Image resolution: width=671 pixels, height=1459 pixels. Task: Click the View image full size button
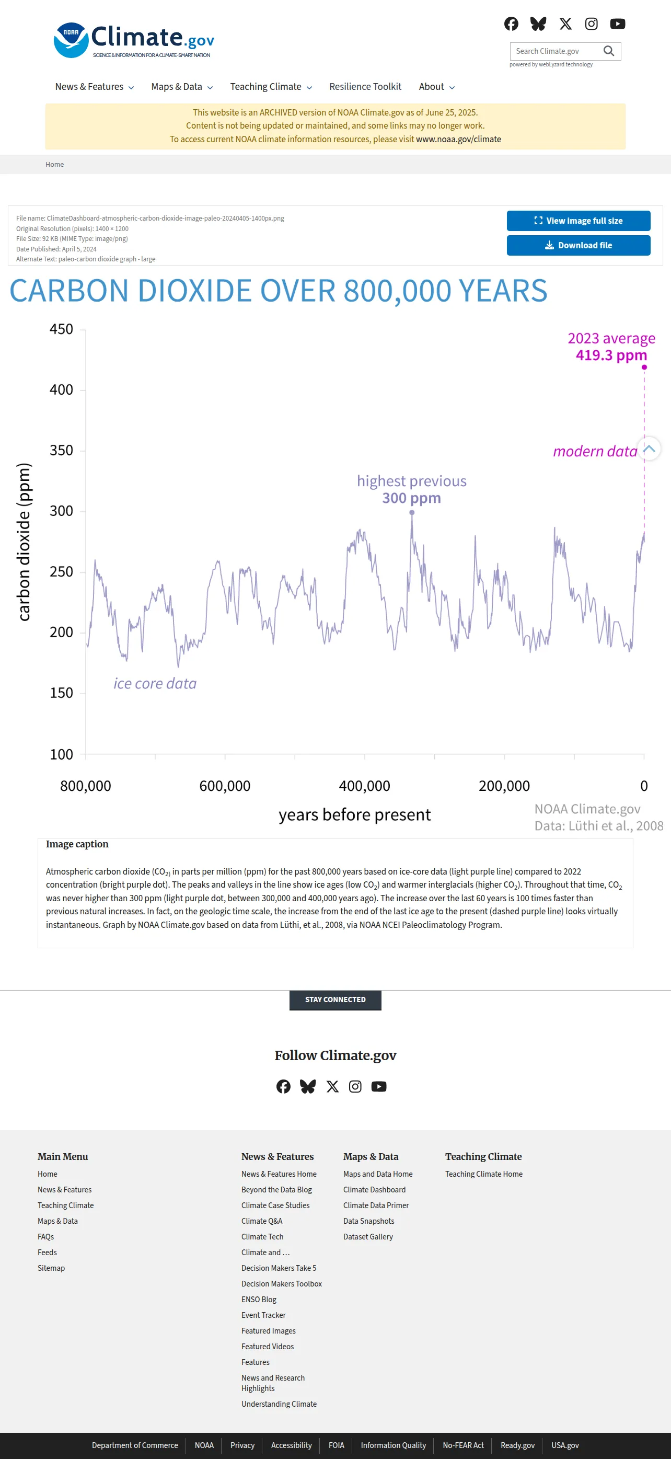click(578, 221)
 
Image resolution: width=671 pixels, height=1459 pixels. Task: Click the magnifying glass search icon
click(609, 51)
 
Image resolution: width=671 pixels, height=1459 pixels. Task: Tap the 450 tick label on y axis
click(61, 329)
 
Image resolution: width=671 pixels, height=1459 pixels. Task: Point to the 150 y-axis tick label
click(61, 693)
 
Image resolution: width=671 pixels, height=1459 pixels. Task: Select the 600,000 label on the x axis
click(225, 786)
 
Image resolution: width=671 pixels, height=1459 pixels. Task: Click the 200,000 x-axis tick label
click(504, 786)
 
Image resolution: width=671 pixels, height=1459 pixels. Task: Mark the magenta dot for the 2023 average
click(644, 367)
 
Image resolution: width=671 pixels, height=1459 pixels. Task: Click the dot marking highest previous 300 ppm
click(412, 513)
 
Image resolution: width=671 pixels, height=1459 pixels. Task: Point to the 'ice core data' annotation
click(155, 684)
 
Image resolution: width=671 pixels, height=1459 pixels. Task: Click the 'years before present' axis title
click(354, 814)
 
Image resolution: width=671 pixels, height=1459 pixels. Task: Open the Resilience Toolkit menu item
click(365, 87)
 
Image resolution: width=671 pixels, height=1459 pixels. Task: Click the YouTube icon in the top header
click(617, 24)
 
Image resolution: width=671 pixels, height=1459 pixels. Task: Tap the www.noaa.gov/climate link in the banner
click(458, 140)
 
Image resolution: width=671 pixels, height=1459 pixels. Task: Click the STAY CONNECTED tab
click(335, 1000)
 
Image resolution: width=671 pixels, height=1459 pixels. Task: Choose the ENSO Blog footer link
click(259, 1299)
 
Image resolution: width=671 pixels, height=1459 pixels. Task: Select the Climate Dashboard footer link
click(374, 1189)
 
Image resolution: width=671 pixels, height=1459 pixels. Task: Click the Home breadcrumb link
click(54, 164)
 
